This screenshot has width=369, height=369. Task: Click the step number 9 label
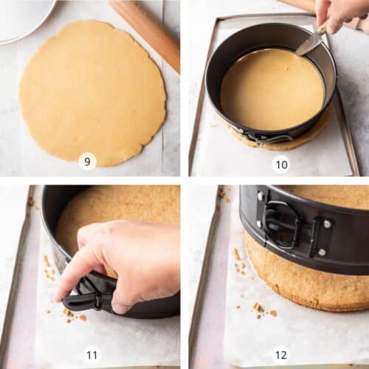tap(87, 162)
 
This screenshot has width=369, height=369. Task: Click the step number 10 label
tap(282, 165)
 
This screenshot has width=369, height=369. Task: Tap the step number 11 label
tap(92, 355)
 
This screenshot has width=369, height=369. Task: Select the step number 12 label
tap(281, 355)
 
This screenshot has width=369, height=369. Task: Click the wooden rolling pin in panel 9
tap(145, 35)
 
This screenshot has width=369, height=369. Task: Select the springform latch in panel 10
tap(267, 137)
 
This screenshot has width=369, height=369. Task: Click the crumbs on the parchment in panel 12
tap(264, 311)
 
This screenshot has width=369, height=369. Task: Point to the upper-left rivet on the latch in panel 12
tap(261, 196)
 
